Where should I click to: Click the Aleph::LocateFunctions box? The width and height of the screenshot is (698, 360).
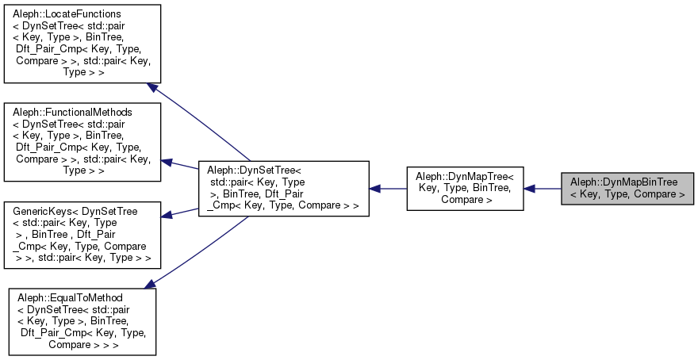coord(82,44)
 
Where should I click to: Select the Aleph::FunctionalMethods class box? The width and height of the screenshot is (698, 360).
coord(82,140)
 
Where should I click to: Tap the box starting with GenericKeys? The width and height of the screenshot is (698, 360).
coord(82,236)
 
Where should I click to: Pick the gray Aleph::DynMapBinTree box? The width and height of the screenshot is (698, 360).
coord(627,188)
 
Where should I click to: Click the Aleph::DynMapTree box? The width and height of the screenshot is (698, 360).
coord(466,188)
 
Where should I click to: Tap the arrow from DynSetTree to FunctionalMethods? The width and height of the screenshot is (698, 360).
coord(181,165)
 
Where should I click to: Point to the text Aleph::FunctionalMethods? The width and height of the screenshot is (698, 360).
coord(72,113)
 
